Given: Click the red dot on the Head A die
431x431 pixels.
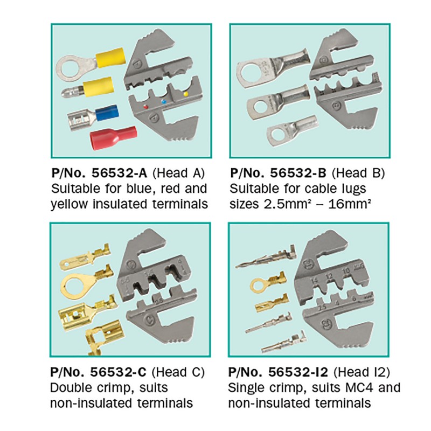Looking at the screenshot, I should point(145,108).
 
